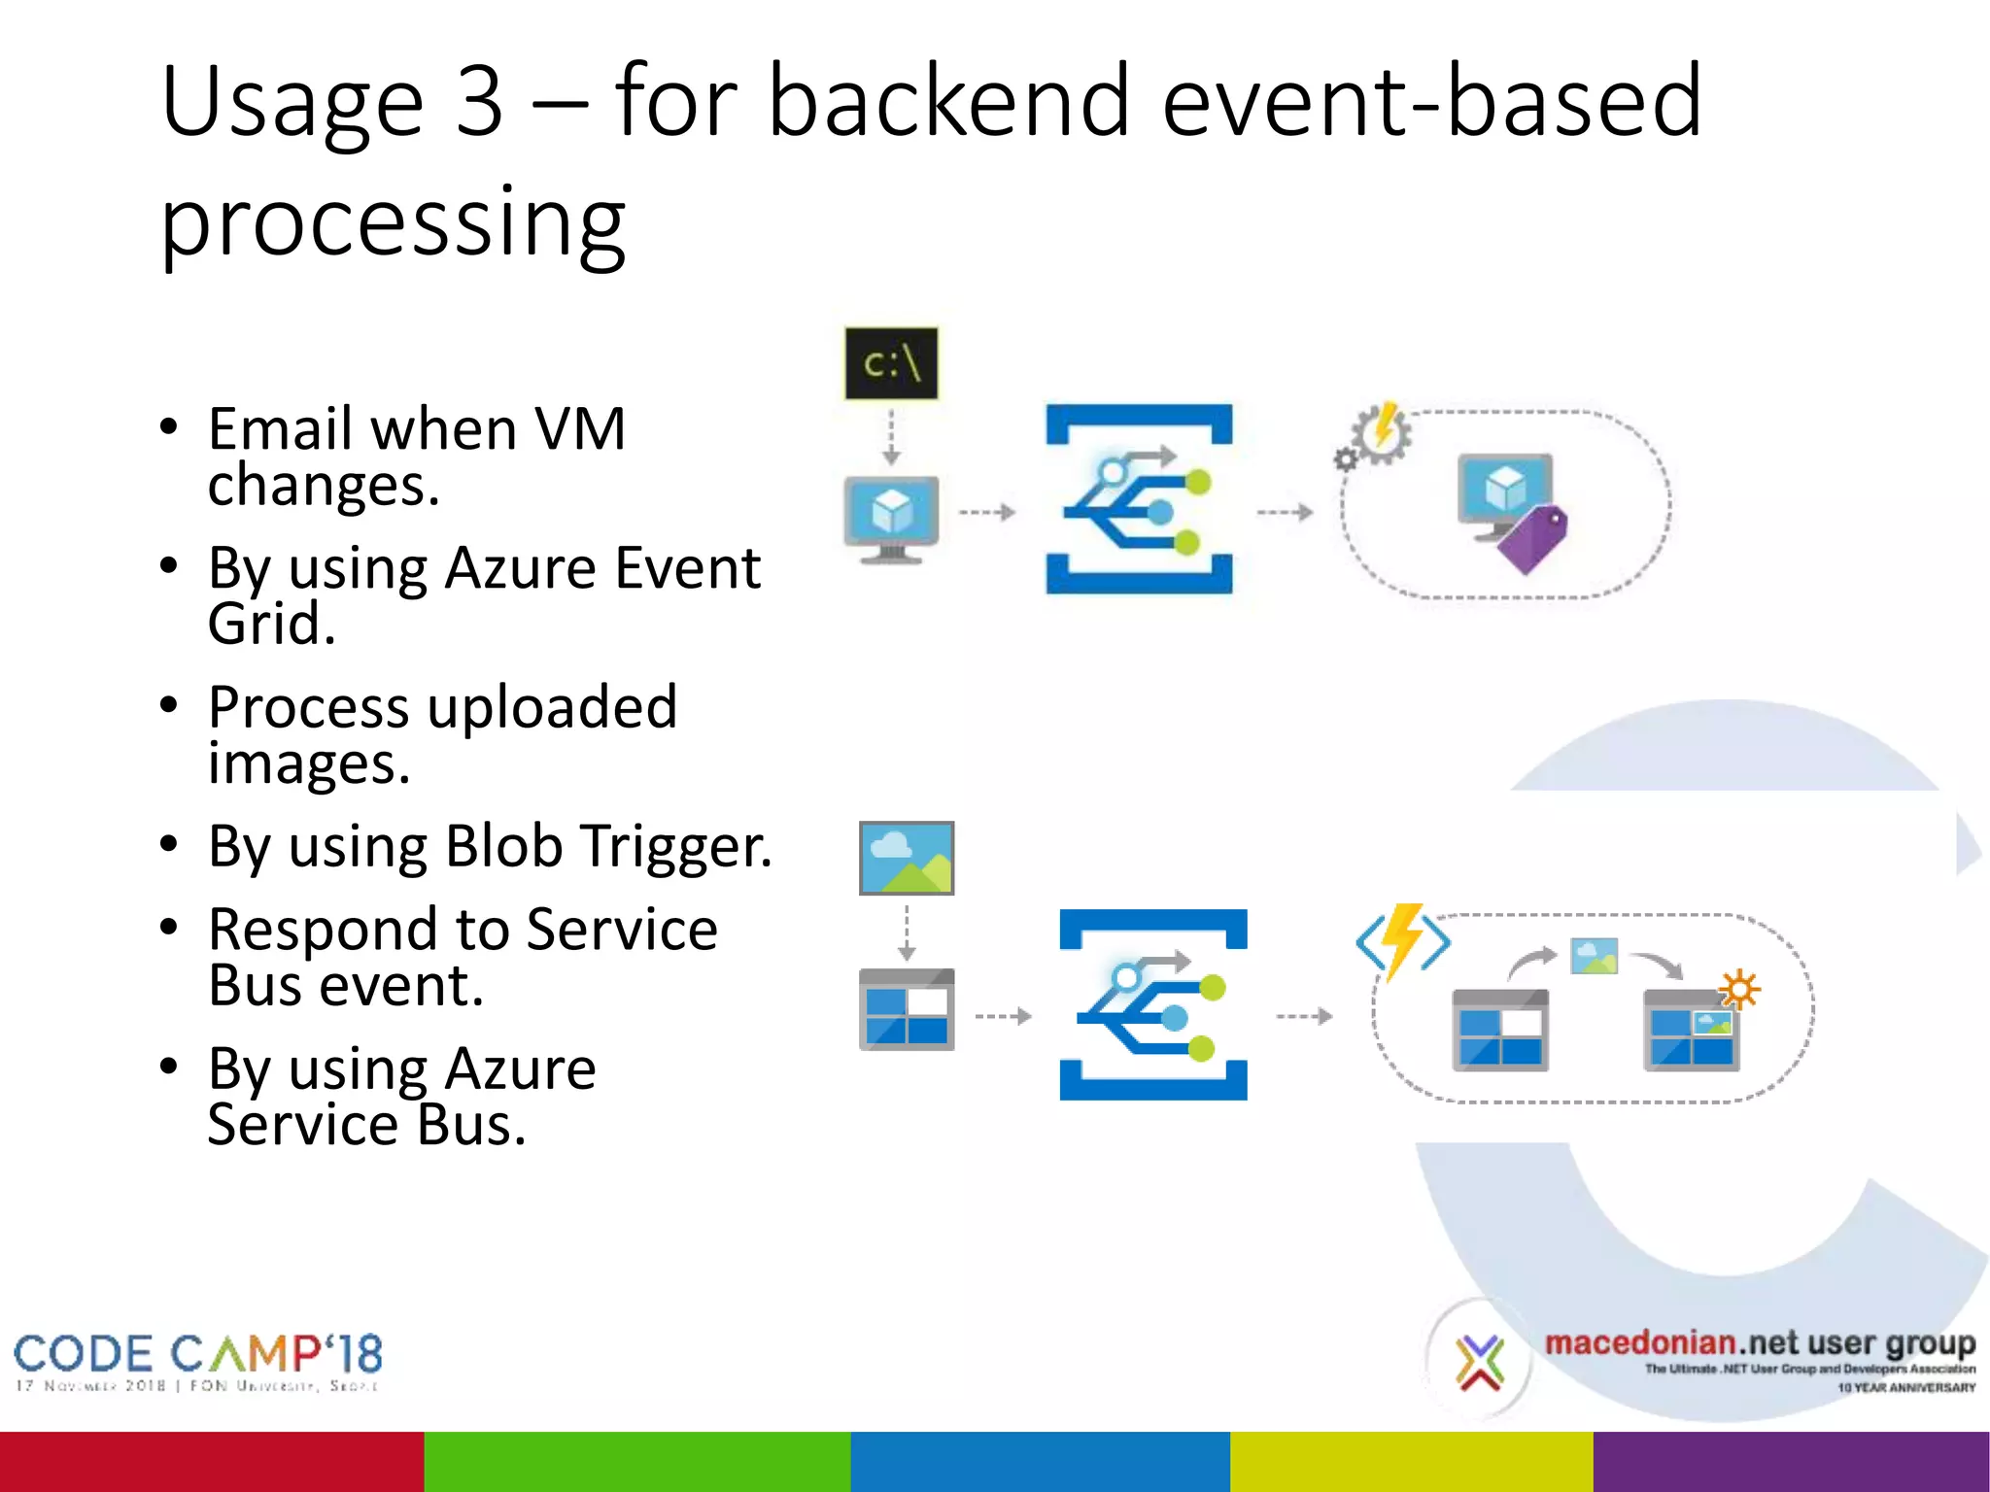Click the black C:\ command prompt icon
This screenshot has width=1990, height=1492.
[891, 363]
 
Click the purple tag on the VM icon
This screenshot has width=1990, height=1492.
[1534, 538]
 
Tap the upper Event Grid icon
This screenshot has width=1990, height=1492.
[1139, 499]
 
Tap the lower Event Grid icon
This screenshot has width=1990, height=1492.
[1153, 1004]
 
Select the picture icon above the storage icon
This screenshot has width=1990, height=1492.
[907, 858]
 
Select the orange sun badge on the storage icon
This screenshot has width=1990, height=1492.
[1738, 990]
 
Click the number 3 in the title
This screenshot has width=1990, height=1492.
[479, 102]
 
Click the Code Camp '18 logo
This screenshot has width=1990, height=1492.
[198, 1360]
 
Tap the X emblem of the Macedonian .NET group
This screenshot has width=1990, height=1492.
[1479, 1361]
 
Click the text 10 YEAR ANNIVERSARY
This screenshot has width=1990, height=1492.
[1905, 1387]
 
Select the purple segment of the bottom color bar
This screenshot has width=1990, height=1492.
[1791, 1461]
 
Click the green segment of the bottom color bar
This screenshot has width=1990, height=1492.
[636, 1461]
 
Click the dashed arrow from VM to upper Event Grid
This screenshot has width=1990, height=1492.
[986, 512]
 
